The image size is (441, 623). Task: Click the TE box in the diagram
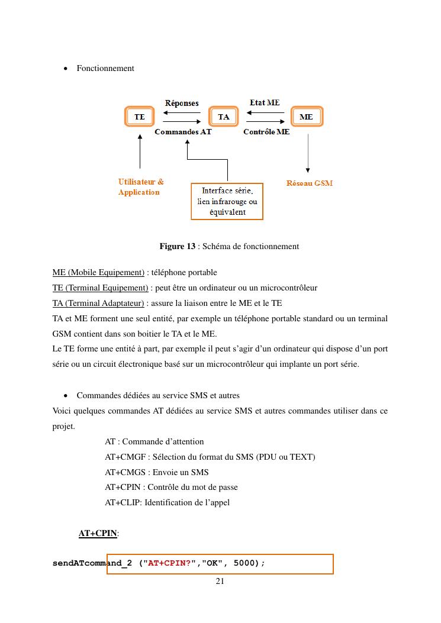pyautogui.click(x=139, y=117)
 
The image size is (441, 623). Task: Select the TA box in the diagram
pyautogui.click(x=223, y=117)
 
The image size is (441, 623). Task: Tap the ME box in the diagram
pyautogui.click(x=306, y=117)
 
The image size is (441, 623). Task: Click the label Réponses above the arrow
pyautogui.click(x=182, y=103)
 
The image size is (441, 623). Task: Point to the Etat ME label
pyautogui.click(x=265, y=103)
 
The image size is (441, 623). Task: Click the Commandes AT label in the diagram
pyautogui.click(x=183, y=132)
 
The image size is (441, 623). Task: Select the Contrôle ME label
pyautogui.click(x=266, y=132)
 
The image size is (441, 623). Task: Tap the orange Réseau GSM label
pyautogui.click(x=310, y=183)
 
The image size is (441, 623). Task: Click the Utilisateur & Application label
pyautogui.click(x=141, y=187)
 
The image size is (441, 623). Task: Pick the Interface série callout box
pyautogui.click(x=227, y=201)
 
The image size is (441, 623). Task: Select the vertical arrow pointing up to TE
pyautogui.click(x=140, y=151)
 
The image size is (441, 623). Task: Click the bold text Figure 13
pyautogui.click(x=177, y=246)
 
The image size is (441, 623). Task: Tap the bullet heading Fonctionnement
pyautogui.click(x=105, y=68)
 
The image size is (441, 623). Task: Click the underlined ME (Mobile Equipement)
pyautogui.click(x=98, y=272)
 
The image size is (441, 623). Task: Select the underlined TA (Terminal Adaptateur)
pyautogui.click(x=98, y=303)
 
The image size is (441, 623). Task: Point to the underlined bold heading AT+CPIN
pyautogui.click(x=98, y=534)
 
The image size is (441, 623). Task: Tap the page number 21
pyautogui.click(x=220, y=581)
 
